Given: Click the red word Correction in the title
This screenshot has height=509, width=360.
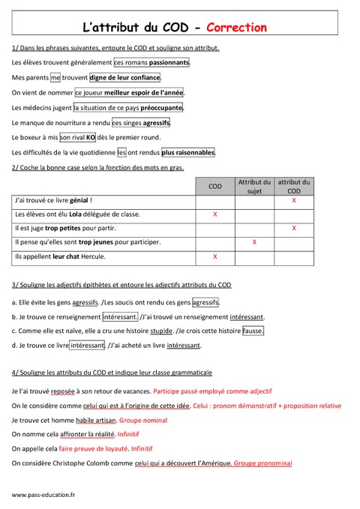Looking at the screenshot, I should point(236,28).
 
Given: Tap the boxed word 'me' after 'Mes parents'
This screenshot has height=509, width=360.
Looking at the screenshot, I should point(55,77).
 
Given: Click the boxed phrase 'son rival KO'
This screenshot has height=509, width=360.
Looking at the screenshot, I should point(76,137).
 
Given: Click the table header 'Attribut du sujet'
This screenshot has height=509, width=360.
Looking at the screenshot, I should point(254,186).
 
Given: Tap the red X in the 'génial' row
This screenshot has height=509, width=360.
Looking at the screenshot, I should point(293,201).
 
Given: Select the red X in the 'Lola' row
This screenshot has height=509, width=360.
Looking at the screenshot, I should point(215,214).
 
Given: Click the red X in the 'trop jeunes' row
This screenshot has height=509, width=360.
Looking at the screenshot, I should point(254,242).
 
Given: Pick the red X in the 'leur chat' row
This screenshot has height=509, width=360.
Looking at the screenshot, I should point(215,256).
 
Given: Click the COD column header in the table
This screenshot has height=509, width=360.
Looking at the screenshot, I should point(215,186).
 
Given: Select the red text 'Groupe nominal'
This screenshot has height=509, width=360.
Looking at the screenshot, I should point(151,420).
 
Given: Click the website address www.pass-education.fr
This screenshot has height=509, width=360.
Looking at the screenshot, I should point(43,495).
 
